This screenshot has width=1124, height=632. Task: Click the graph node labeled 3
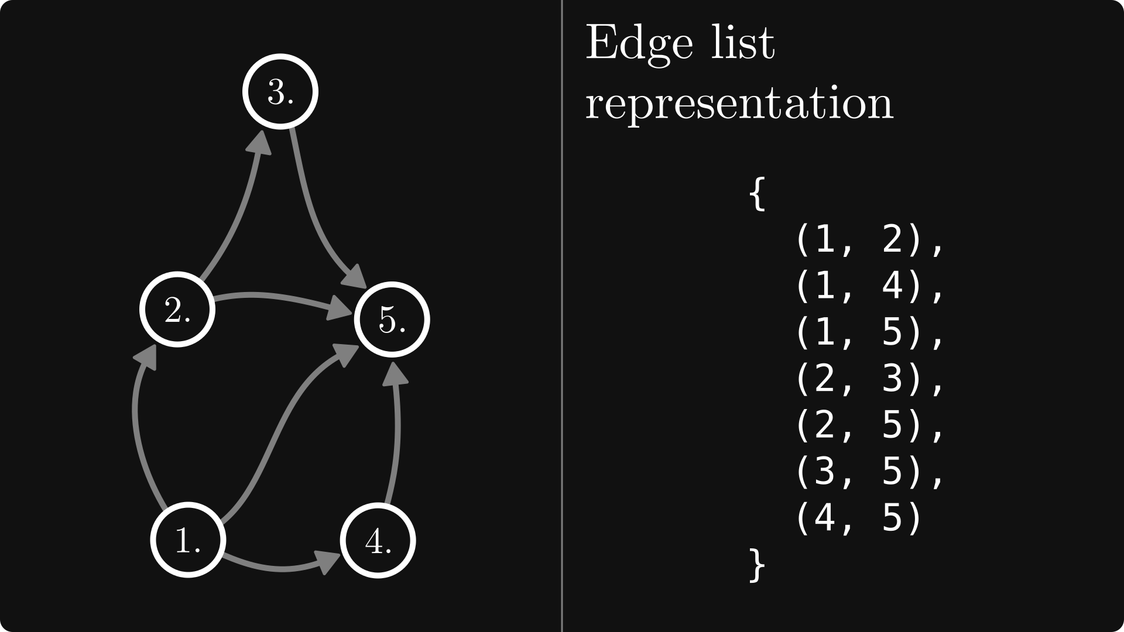click(x=280, y=91)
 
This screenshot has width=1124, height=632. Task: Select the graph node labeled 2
click(x=177, y=310)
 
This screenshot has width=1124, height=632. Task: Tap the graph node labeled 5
click(x=392, y=320)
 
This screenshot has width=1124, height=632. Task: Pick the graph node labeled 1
click(x=188, y=540)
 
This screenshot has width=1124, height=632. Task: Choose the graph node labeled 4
click(x=378, y=540)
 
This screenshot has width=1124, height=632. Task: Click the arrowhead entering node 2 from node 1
click(x=146, y=356)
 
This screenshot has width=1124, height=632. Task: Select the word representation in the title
click(x=739, y=104)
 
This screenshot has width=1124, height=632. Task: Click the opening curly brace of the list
click(x=757, y=194)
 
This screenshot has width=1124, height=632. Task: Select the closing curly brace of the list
click(x=757, y=565)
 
